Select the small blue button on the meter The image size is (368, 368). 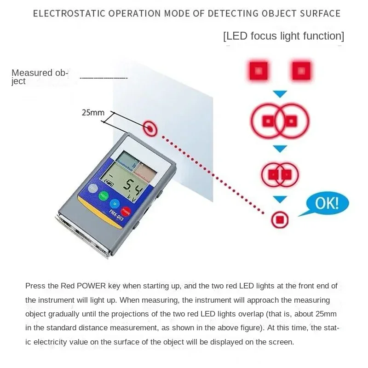click(x=114, y=203)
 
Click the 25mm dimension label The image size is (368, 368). click(x=93, y=112)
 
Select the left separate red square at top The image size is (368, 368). click(x=259, y=71)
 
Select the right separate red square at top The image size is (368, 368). click(x=301, y=71)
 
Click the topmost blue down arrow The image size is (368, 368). click(x=280, y=94)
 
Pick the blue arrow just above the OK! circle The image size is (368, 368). click(x=280, y=200)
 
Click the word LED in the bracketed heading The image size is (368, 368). click(x=237, y=36)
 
